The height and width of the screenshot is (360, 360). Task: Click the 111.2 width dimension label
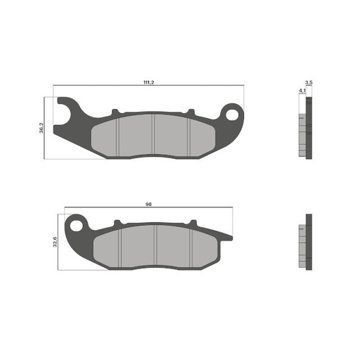pyautogui.click(x=148, y=83)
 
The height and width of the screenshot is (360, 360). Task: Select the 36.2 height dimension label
pyautogui.click(x=42, y=129)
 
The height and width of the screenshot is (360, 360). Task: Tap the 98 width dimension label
pyautogui.click(x=148, y=203)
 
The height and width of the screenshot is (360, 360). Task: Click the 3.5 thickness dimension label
pyautogui.click(x=309, y=83)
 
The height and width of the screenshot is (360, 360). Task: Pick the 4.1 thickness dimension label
pyautogui.click(x=302, y=91)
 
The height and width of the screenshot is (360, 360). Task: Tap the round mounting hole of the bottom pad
pyautogui.click(x=75, y=224)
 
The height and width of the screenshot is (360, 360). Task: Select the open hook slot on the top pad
pyautogui.click(x=65, y=111)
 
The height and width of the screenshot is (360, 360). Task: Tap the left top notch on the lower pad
pyautogui.click(x=118, y=224)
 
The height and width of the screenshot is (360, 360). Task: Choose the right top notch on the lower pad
pyautogui.click(x=191, y=224)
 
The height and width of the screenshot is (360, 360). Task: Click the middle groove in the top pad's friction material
pyautogui.click(x=153, y=135)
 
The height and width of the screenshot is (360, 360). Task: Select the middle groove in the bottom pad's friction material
pyautogui.click(x=155, y=247)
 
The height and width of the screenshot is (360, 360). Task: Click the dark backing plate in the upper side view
pyautogui.click(x=308, y=127)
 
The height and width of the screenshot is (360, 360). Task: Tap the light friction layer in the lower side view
pyautogui.click(x=302, y=243)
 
